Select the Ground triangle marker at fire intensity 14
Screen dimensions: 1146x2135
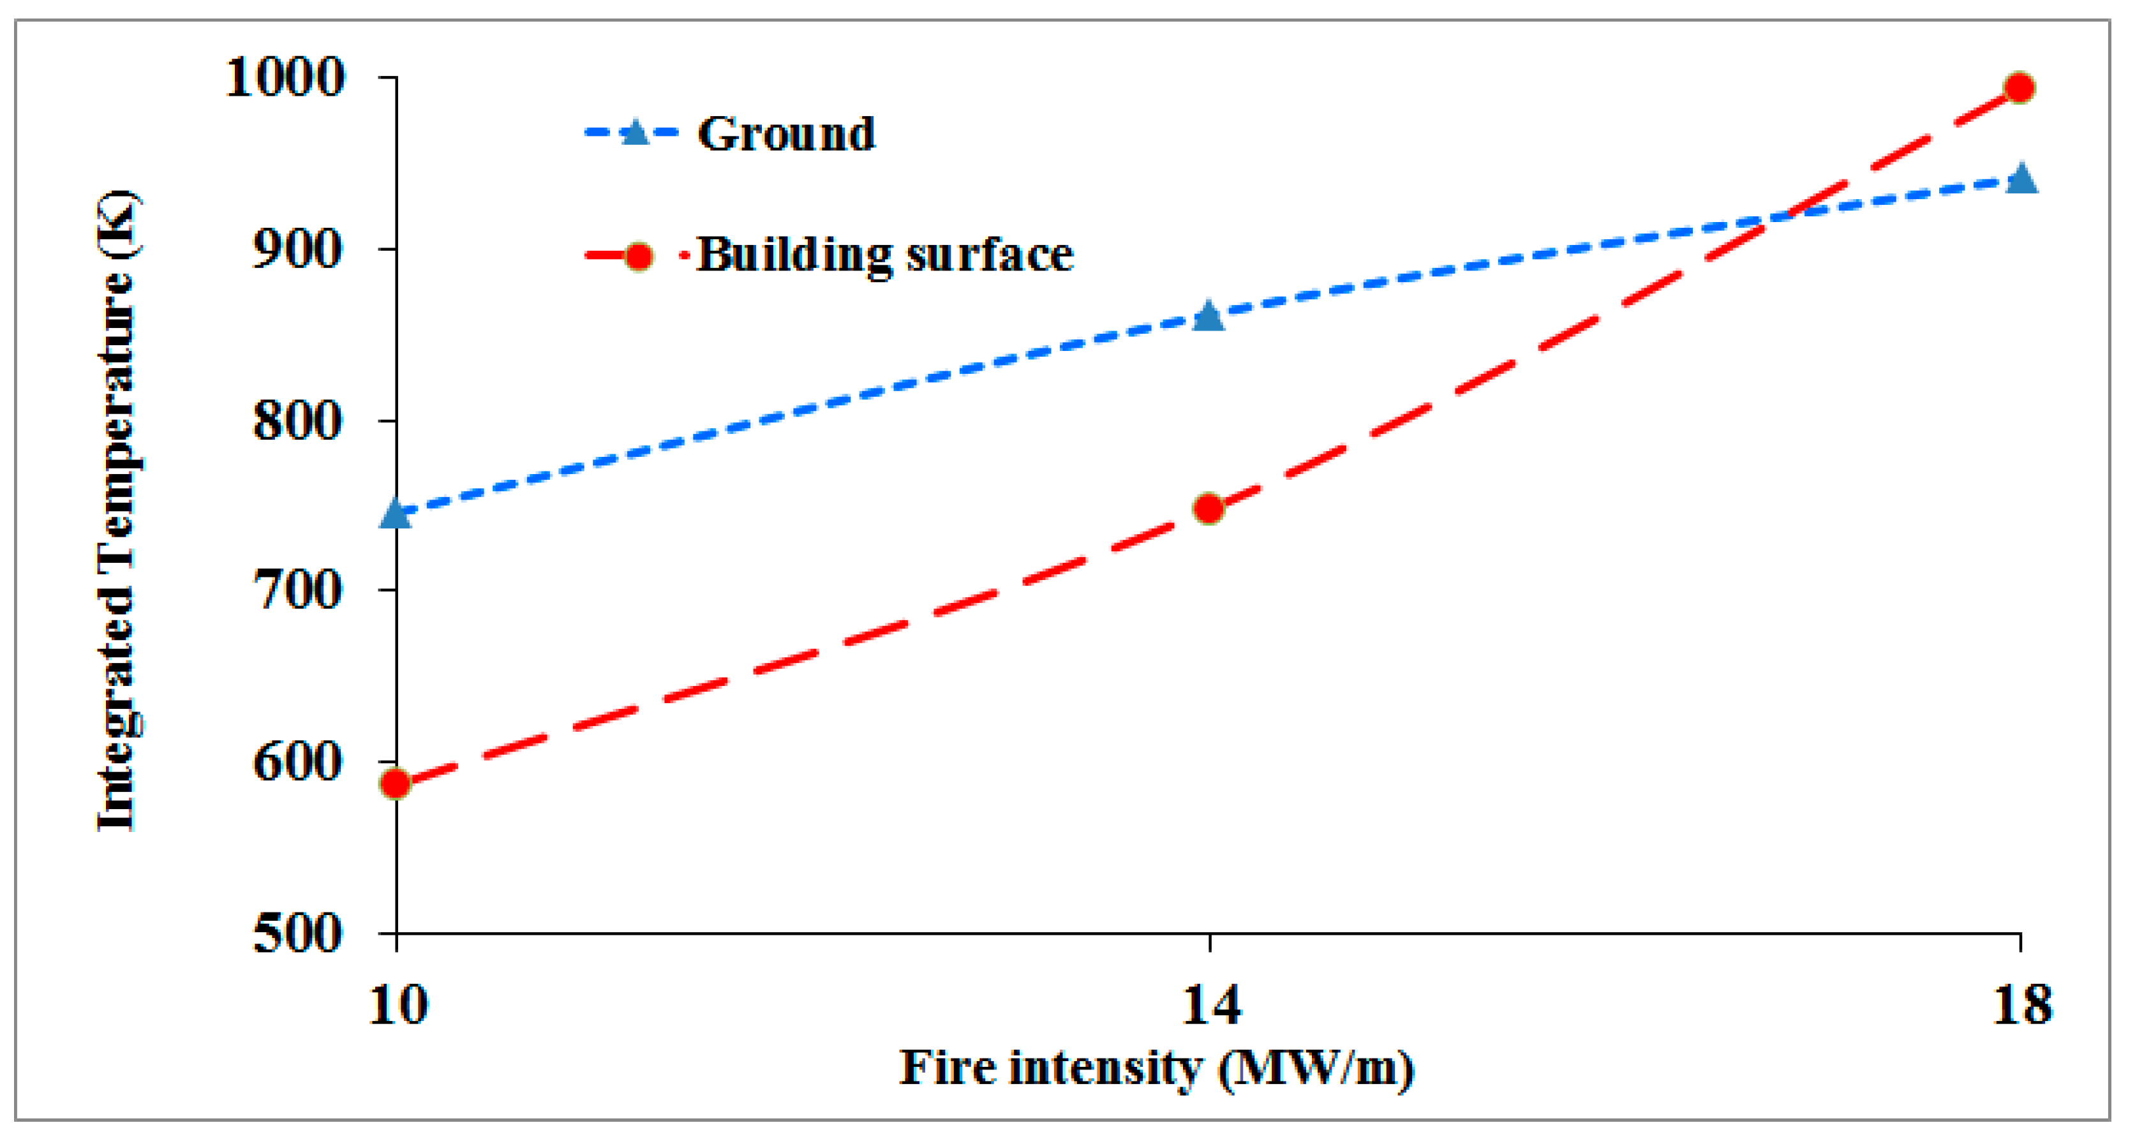1209,316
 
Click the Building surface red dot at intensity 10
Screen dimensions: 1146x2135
396,783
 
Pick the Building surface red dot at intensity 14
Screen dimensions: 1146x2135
1209,508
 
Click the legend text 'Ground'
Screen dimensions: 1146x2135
785,133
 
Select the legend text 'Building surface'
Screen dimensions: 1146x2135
885,255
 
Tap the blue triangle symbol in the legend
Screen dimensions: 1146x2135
635,133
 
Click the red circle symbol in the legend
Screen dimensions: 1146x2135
638,256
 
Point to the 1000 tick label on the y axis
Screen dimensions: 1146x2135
285,78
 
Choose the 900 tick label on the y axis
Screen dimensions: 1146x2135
297,249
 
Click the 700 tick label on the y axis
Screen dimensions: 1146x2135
297,591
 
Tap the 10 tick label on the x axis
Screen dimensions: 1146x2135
398,1004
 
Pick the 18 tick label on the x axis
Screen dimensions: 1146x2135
2022,1004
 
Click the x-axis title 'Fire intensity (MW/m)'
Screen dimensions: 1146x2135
1157,1068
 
